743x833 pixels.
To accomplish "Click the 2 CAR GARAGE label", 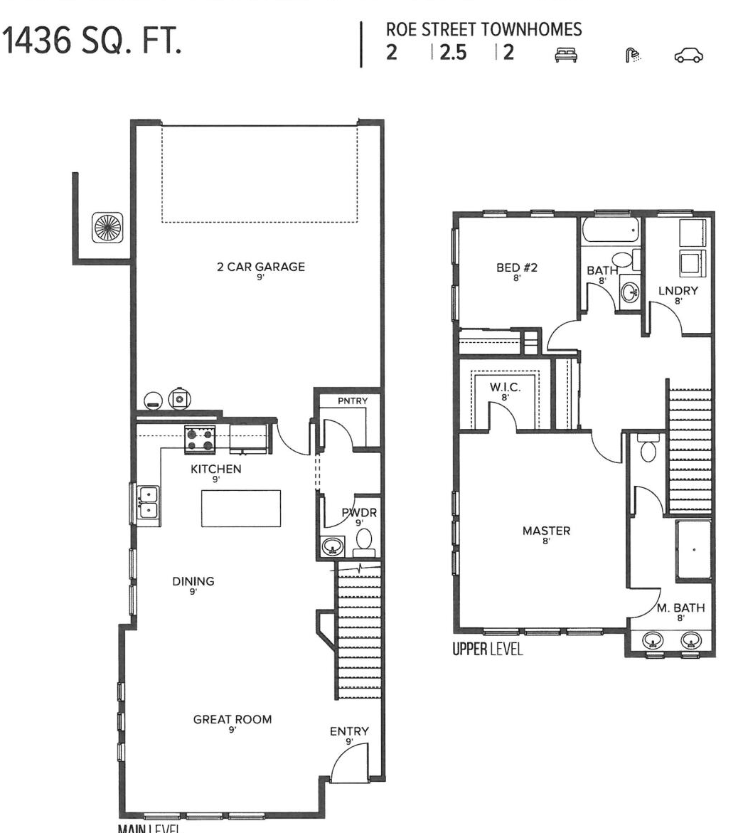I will [261, 267].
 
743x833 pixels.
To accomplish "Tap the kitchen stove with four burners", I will [200, 439].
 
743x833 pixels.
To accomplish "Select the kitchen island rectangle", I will [241, 508].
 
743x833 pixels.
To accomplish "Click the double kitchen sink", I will [148, 502].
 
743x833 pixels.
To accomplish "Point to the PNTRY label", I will [353, 401].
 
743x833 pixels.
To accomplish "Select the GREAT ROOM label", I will [232, 719].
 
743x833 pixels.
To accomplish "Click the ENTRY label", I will [349, 731].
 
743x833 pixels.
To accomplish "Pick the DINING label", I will [193, 581].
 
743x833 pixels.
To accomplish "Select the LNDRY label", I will [678, 290].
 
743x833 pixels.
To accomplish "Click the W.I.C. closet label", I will [505, 388].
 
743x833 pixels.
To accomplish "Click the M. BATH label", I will [680, 608].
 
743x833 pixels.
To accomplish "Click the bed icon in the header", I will [567, 55].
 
